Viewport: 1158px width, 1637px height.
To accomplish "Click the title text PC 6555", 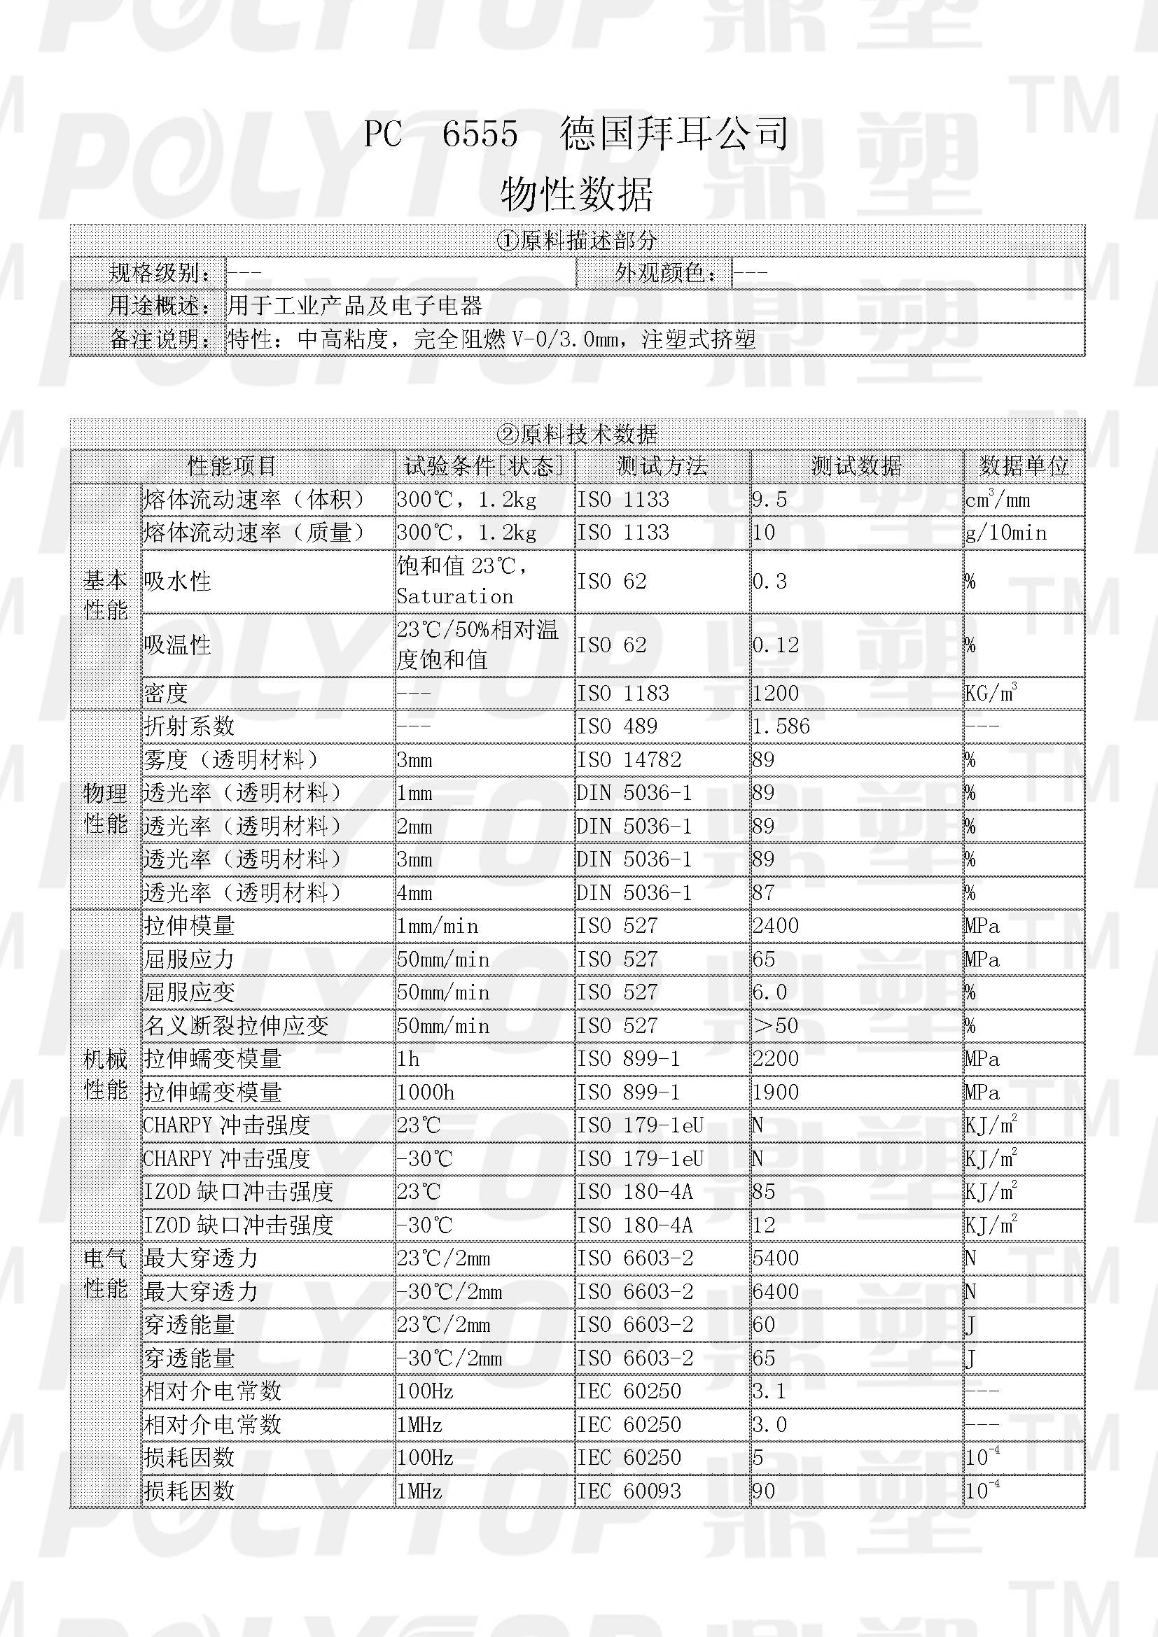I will click(x=440, y=134).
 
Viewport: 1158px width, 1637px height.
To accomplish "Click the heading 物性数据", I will click(x=576, y=194).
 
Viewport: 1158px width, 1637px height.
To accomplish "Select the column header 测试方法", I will click(x=662, y=466).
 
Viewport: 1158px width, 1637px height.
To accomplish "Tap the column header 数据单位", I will click(x=1024, y=466).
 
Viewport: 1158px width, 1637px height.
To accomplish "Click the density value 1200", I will click(x=775, y=693).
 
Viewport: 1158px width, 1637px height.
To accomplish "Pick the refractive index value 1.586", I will click(x=781, y=726).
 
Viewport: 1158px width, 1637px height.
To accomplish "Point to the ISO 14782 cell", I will click(x=628, y=760).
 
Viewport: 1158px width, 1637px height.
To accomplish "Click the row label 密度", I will click(x=165, y=693).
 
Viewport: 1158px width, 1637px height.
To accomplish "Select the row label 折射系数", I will click(x=189, y=726).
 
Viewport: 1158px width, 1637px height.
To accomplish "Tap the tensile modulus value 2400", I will click(x=775, y=926).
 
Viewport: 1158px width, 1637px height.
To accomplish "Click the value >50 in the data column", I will click(x=775, y=1026).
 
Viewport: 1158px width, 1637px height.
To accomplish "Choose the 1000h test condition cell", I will click(x=425, y=1092).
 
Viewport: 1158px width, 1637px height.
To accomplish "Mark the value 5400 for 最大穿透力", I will click(x=775, y=1258).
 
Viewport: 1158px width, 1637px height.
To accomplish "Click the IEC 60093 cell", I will click(x=628, y=1491).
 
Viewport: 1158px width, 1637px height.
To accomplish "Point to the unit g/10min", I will click(x=1005, y=533).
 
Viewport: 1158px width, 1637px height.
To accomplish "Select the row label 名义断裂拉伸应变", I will click(x=236, y=1026).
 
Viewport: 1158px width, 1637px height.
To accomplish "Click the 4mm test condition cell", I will click(x=414, y=892).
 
